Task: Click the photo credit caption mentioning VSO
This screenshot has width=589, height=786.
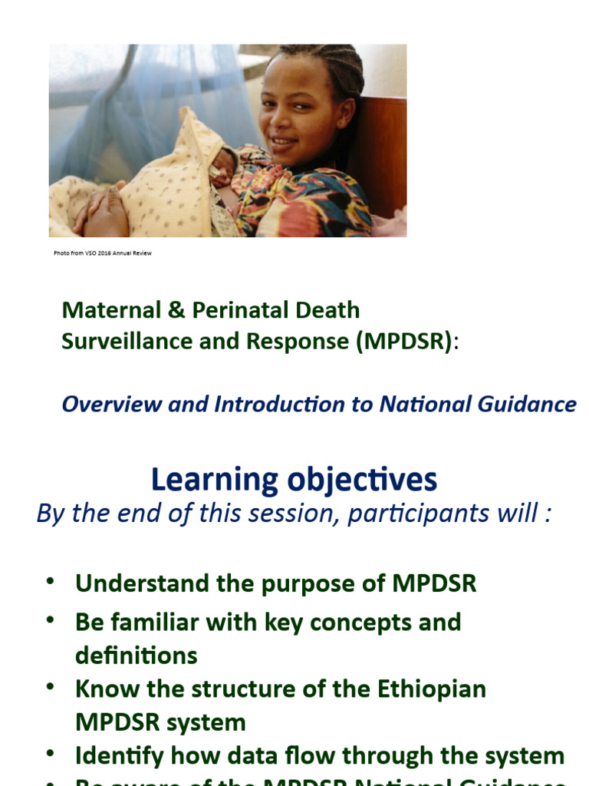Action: click(103, 253)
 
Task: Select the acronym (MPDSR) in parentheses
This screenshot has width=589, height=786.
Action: click(403, 342)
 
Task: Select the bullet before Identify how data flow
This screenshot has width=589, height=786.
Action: click(50, 754)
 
